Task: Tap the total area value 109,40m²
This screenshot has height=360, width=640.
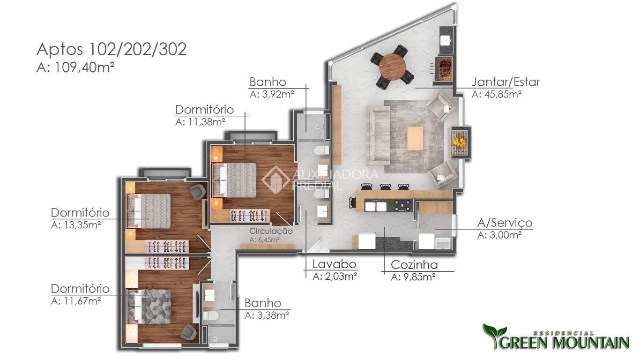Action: click(85, 68)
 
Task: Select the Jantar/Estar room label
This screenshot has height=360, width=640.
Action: click(506, 82)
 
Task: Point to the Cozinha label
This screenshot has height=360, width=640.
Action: click(414, 264)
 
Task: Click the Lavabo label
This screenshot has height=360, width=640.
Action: click(334, 264)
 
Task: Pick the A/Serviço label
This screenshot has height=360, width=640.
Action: click(505, 223)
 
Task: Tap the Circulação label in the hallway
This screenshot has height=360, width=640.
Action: click(271, 231)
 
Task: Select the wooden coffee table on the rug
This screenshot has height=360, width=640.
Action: click(415, 138)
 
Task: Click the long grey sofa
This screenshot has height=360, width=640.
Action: click(378, 135)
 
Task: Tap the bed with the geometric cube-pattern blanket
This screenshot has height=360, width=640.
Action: click(149, 306)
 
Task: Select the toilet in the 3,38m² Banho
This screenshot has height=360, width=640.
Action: click(211, 316)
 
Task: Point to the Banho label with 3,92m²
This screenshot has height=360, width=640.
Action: click(268, 82)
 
